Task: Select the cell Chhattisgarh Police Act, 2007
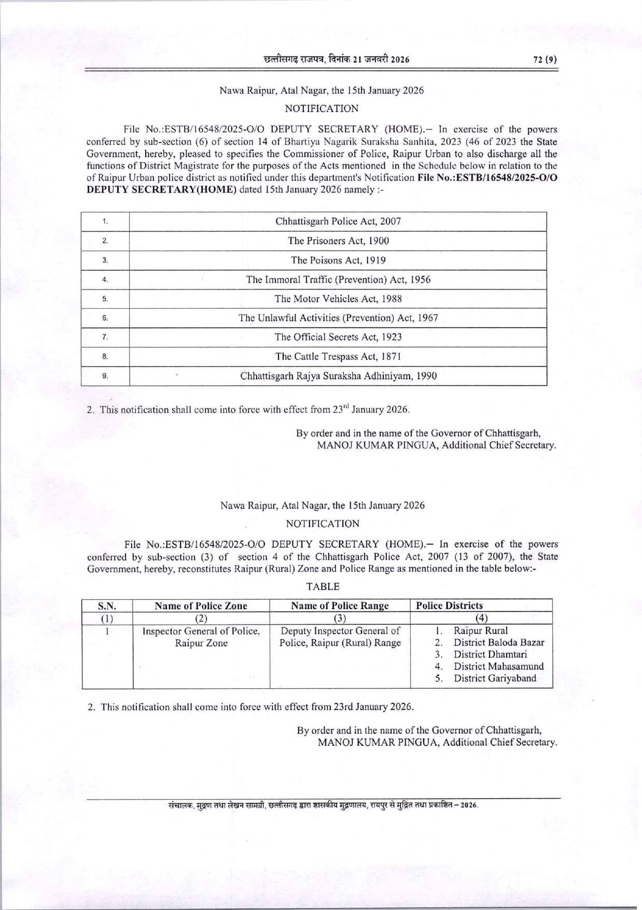[x=338, y=222]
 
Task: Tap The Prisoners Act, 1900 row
[x=338, y=241]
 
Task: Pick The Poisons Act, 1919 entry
[x=338, y=260]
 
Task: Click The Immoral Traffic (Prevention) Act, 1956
[x=338, y=280]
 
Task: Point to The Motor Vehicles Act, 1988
[x=338, y=299]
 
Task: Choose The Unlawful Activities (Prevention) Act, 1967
[x=338, y=318]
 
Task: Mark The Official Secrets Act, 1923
[x=338, y=337]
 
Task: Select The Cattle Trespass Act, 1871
[x=338, y=356]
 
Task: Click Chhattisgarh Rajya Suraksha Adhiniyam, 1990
[x=338, y=376]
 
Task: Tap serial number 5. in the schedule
[x=105, y=299]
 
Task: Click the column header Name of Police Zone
[x=201, y=606]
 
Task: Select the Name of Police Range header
[x=340, y=606]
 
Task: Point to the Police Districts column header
[x=450, y=606]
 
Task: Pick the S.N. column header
[x=107, y=606]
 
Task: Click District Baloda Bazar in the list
[x=499, y=643]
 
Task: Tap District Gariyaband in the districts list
[x=495, y=678]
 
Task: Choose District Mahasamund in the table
[x=498, y=667]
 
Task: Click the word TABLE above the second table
[x=323, y=587]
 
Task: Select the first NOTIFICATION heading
[x=322, y=109]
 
